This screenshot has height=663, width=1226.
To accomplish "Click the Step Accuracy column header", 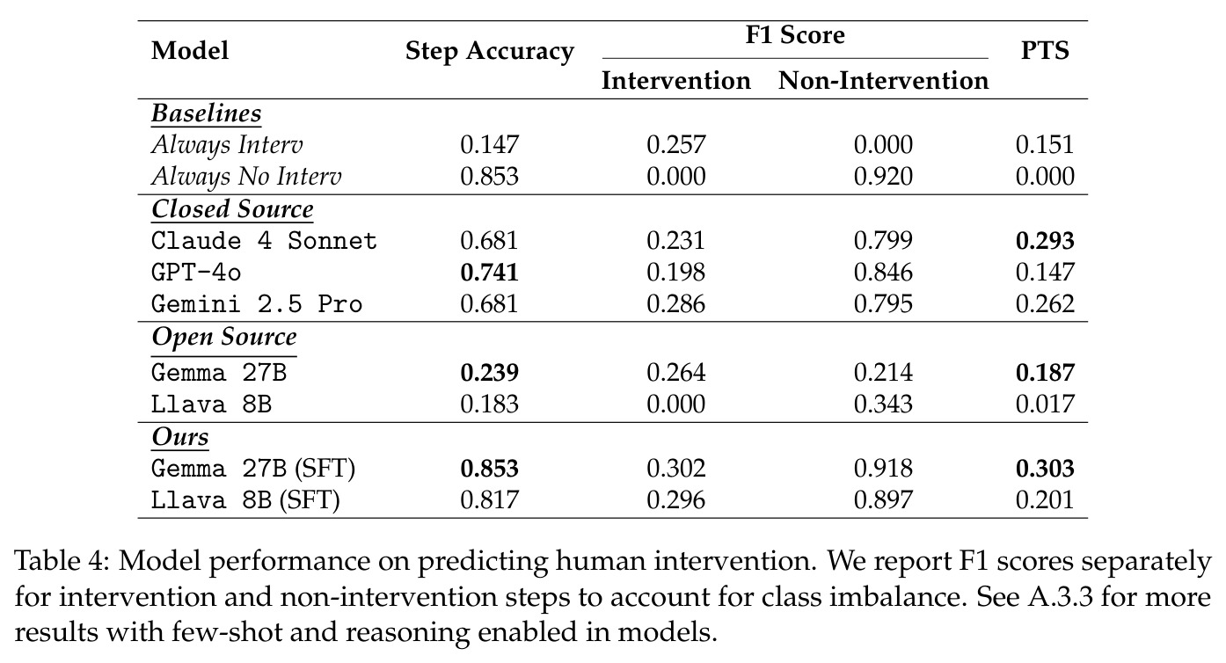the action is point(490,51).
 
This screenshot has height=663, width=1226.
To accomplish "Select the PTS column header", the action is point(1045,50).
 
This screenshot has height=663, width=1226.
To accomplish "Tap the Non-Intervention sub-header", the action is point(883,80).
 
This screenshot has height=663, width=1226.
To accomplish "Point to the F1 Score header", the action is point(795,35).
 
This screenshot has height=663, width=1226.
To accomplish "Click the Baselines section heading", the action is point(207,113).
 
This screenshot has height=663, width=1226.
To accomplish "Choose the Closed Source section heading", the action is point(232,209).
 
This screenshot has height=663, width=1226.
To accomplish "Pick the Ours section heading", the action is point(180,436).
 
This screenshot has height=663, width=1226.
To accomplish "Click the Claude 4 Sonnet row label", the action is point(264,241).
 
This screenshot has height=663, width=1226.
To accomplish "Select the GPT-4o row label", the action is point(196,272).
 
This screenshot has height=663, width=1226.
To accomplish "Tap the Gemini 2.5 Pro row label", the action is point(257,303).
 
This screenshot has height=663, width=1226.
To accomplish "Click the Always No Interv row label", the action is point(246,176).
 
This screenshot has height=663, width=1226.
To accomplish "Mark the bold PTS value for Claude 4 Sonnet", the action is point(1045,241).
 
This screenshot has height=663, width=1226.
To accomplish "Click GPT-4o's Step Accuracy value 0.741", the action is point(489,273).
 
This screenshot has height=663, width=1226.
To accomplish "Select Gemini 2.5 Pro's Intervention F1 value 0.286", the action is point(676,304).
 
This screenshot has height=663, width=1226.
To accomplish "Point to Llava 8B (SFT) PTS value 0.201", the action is point(1045,500).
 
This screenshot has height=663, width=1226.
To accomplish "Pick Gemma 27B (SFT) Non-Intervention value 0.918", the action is point(883,469).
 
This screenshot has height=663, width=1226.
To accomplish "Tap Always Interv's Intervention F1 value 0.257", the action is point(676,145).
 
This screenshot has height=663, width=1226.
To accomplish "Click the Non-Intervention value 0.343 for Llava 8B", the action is point(883,404).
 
